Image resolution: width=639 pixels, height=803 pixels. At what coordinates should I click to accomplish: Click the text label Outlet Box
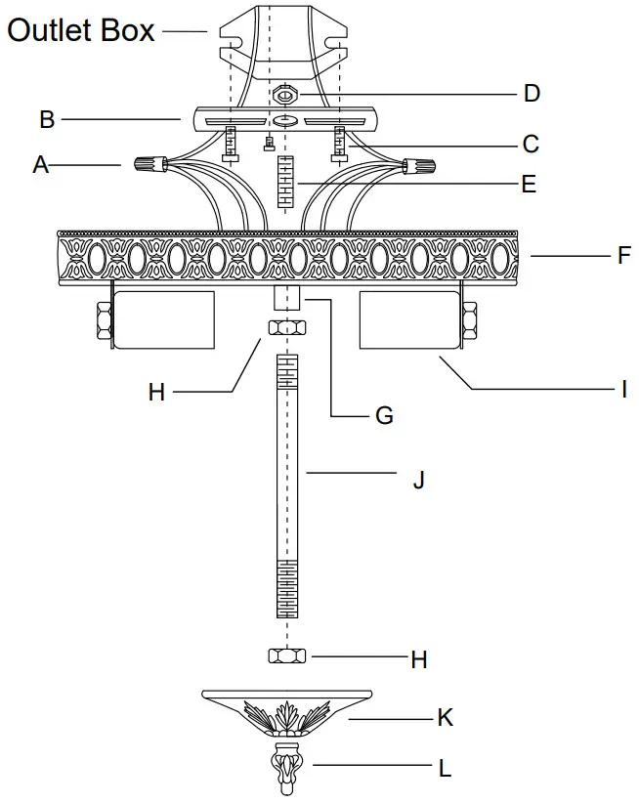tap(81, 30)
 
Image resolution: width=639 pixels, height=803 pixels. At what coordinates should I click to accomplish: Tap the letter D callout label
tap(532, 94)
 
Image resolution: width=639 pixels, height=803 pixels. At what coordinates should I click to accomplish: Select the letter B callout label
tap(47, 120)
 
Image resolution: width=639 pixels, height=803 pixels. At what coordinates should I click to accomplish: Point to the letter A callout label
tap(40, 165)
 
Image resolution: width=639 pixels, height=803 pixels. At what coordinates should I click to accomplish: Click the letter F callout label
tap(623, 258)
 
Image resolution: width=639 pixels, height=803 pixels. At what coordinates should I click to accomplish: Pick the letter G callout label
tap(384, 415)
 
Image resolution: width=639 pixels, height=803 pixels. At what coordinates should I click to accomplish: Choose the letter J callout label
tap(418, 480)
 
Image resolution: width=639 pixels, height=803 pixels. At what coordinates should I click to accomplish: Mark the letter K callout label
tap(446, 718)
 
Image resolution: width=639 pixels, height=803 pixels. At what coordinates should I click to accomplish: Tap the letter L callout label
tap(445, 769)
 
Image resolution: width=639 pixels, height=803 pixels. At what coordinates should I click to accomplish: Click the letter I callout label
tap(623, 390)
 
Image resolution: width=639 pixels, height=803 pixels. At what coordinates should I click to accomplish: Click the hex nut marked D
tap(287, 95)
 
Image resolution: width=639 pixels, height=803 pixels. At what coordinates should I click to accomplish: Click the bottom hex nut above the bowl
tap(286, 655)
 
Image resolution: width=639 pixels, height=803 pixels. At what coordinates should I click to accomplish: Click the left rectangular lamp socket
tap(163, 319)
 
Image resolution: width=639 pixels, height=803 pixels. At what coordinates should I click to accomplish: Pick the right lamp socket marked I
tap(408, 319)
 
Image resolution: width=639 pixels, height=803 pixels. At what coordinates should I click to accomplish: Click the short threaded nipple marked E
tap(286, 183)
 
